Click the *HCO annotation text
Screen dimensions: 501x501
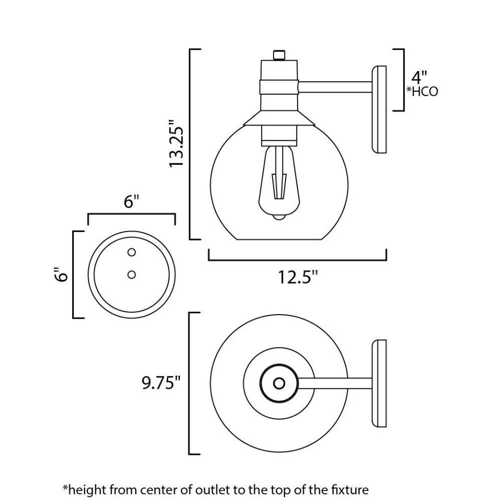(x=422, y=92)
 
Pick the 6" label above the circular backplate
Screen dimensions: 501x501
(x=131, y=202)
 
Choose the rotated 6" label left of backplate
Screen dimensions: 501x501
(x=62, y=275)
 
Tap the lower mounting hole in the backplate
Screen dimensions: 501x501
(x=132, y=274)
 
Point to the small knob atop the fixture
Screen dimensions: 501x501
(x=279, y=54)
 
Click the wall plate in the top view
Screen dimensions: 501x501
(x=379, y=383)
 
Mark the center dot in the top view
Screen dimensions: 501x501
(x=279, y=383)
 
